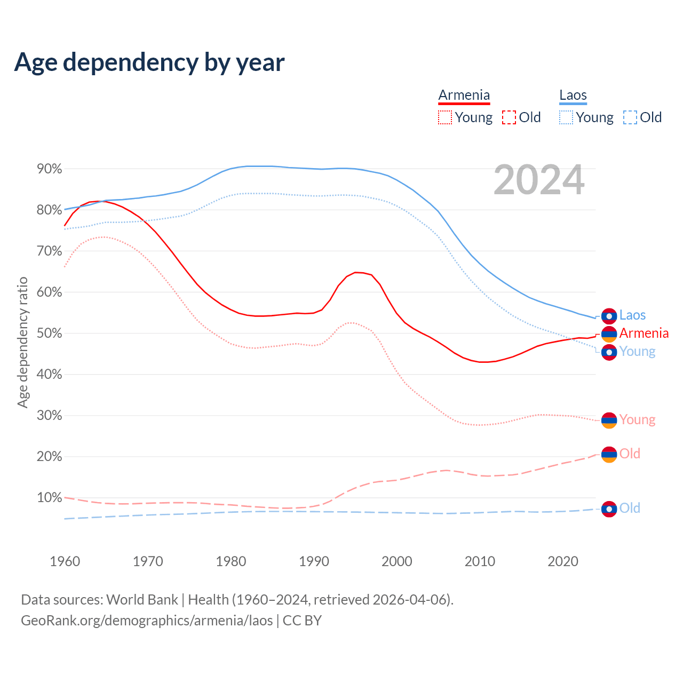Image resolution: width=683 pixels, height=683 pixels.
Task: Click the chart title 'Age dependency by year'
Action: pyautogui.click(x=149, y=62)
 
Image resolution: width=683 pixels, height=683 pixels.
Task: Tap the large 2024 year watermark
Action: pyautogui.click(x=539, y=180)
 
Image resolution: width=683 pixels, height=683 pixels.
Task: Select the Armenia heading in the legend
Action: pyautogui.click(x=464, y=95)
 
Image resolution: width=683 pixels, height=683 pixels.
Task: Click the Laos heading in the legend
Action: pyautogui.click(x=573, y=95)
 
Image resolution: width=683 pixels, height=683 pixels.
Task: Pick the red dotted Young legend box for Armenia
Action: pyautogui.click(x=444, y=117)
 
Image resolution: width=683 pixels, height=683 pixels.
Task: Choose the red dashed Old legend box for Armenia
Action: pyautogui.click(x=509, y=117)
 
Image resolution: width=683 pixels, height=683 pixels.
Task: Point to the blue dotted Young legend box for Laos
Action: pyautogui.click(x=566, y=117)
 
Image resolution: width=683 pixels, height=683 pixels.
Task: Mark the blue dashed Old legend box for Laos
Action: pyautogui.click(x=630, y=117)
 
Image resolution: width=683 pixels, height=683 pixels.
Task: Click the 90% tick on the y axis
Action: pyautogui.click(x=49, y=169)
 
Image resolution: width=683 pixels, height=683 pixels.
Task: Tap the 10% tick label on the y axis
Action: pyautogui.click(x=49, y=498)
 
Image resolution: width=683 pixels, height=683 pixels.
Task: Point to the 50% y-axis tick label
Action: pyautogui.click(x=49, y=333)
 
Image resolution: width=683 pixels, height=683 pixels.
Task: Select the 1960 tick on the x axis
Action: pyautogui.click(x=65, y=561)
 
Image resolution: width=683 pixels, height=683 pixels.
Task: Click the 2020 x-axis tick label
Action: pyautogui.click(x=563, y=561)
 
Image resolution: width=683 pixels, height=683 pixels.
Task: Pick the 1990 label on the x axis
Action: pyautogui.click(x=314, y=561)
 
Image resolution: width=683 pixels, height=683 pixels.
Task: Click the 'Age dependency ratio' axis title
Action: pyautogui.click(x=22, y=342)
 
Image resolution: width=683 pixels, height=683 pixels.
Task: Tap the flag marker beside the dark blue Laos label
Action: pyautogui.click(x=609, y=316)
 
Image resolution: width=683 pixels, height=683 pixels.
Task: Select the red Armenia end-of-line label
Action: pyautogui.click(x=644, y=333)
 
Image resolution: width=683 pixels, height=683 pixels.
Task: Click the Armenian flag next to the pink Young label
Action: pyautogui.click(x=609, y=420)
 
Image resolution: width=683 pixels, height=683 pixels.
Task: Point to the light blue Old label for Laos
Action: pyautogui.click(x=630, y=508)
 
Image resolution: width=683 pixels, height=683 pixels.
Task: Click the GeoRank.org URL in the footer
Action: pyautogui.click(x=147, y=621)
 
